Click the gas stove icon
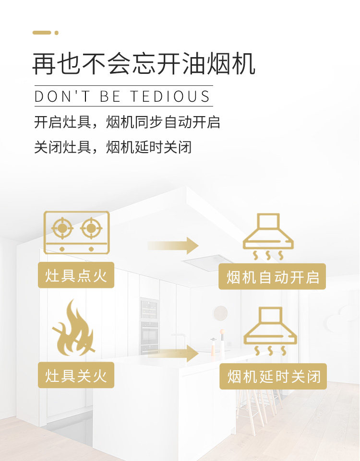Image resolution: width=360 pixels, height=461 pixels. coord(76,232)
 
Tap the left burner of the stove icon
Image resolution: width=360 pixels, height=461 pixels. coord(62,228)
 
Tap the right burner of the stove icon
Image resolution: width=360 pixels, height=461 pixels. coord(91,228)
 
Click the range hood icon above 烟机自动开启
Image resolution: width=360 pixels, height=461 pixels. coord(268,236)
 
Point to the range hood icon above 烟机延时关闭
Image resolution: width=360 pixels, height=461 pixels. coord(270,331)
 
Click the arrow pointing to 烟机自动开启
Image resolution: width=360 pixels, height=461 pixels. coord(173,246)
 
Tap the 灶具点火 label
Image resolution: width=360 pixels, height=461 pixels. coord(76,275)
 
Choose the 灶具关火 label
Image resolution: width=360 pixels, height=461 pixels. coord(76,375)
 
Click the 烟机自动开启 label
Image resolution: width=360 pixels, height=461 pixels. coord(272,277)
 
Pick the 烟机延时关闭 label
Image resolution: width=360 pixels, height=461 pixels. coord(273,377)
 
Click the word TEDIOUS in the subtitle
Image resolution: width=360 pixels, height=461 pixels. coord(170,96)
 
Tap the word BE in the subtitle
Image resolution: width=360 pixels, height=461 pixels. coord(110,96)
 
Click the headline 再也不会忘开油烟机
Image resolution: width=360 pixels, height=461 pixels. coord(144,63)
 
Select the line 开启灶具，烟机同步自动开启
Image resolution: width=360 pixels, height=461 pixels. coord(127,122)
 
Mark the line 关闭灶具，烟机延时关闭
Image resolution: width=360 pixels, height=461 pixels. coord(113,147)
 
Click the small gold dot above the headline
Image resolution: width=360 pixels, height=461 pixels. coord(57,33)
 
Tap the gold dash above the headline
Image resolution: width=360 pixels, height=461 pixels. coord(41,33)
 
